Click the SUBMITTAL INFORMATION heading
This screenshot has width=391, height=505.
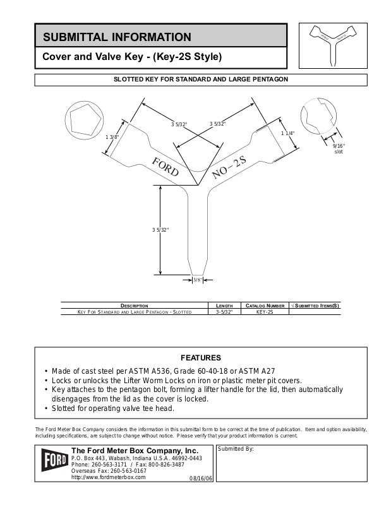click(x=116, y=37)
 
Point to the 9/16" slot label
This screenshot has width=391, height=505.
click(x=339, y=149)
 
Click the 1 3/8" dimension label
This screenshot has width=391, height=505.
click(x=112, y=137)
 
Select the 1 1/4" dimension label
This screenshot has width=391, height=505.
click(x=288, y=133)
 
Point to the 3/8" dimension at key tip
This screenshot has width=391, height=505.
click(x=197, y=279)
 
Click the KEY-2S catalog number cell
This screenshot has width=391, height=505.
click(x=265, y=312)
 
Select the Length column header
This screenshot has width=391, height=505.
click(x=225, y=306)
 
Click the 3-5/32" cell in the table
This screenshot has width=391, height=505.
click(x=225, y=312)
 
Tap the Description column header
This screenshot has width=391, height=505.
click(x=134, y=306)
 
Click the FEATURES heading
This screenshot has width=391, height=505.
click(x=201, y=357)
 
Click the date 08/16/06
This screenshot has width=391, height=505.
click(x=202, y=478)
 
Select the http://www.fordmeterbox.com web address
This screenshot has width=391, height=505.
click(x=109, y=477)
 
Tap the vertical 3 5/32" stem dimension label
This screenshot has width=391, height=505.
click(x=160, y=230)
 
